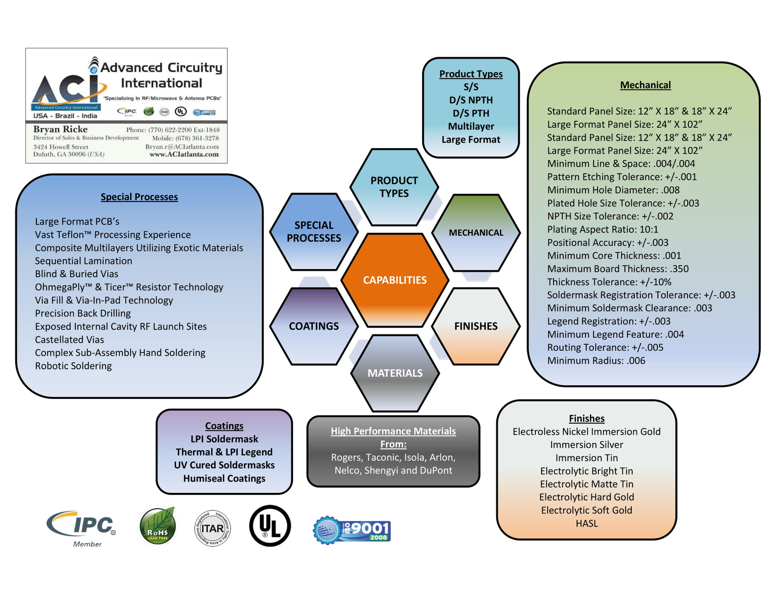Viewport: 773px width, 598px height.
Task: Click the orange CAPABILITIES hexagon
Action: tap(395, 280)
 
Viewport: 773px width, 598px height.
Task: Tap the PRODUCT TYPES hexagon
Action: tap(394, 187)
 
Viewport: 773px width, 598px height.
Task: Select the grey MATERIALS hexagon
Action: tap(395, 373)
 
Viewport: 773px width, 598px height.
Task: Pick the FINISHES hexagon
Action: tap(476, 326)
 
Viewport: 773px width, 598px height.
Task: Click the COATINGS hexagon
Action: tap(314, 326)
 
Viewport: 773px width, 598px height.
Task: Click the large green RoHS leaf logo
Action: tap(158, 526)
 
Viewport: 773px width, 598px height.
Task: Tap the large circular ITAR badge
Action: tap(212, 528)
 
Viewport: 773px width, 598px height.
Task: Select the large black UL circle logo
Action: tap(270, 526)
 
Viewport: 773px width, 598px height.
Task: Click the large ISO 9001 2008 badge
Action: tap(352, 530)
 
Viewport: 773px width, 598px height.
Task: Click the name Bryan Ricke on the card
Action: tap(60, 129)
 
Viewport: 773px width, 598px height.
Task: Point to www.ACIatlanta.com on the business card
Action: tap(184, 154)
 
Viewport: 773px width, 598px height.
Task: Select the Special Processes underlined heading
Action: tap(139, 197)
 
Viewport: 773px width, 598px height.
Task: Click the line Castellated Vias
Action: tap(69, 340)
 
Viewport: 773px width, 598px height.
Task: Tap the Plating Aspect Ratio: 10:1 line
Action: tap(602, 230)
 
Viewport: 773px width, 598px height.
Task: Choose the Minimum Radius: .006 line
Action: tap(596, 361)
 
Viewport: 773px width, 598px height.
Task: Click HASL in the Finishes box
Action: tap(586, 523)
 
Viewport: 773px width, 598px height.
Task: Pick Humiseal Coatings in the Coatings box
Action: tap(224, 478)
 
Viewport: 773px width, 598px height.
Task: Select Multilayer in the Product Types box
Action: tap(471, 127)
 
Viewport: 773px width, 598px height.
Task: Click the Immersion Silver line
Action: tap(586, 445)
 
